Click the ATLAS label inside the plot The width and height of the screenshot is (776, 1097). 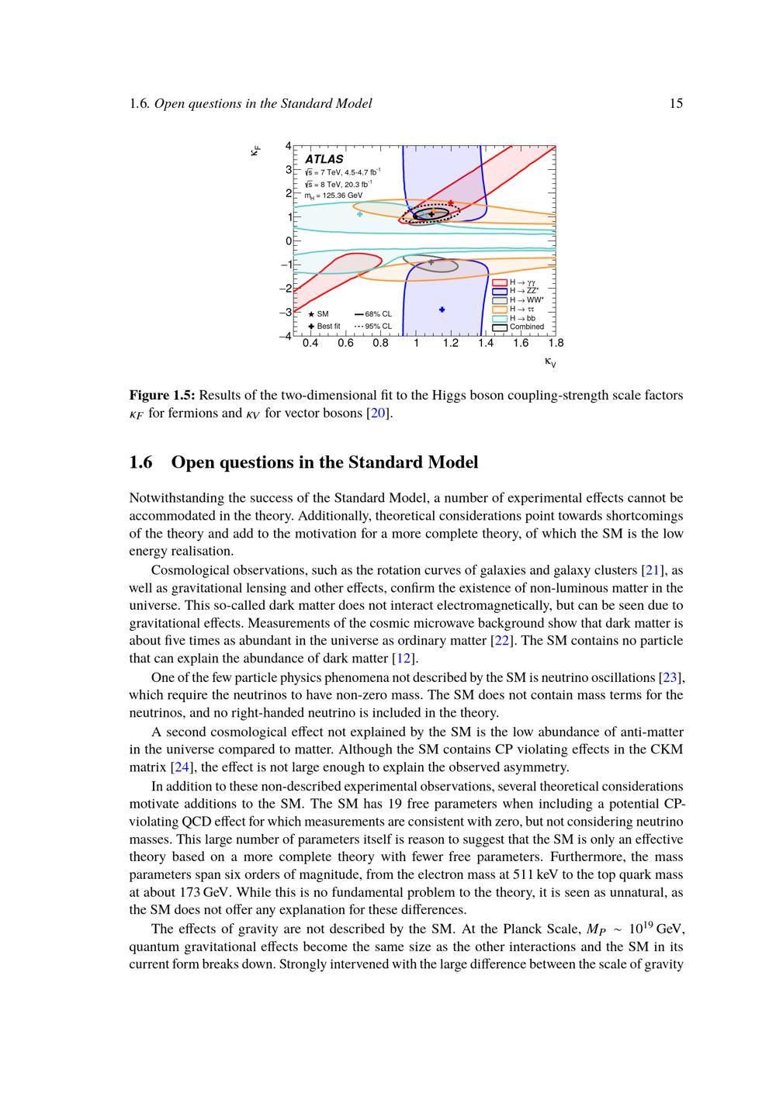[x=324, y=159]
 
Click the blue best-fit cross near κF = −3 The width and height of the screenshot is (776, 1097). [x=442, y=310]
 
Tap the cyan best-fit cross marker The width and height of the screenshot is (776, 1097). [x=359, y=214]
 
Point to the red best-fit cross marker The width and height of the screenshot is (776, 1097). [x=451, y=203]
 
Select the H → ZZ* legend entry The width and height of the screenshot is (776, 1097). [x=524, y=291]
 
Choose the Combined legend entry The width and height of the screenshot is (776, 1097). [x=526, y=327]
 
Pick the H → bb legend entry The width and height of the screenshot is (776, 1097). [x=522, y=318]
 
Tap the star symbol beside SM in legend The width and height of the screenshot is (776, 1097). [x=311, y=314]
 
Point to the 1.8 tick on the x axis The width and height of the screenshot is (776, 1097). [x=556, y=343]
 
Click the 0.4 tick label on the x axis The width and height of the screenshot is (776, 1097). [x=310, y=343]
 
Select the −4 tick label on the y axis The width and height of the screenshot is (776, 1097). [x=286, y=336]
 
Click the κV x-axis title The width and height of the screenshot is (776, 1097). [x=550, y=362]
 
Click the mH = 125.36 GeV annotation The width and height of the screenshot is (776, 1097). [x=334, y=196]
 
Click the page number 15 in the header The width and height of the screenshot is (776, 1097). [x=676, y=103]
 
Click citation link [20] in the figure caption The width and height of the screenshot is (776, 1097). [x=379, y=414]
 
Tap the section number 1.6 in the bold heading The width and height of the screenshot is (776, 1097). [x=140, y=462]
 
